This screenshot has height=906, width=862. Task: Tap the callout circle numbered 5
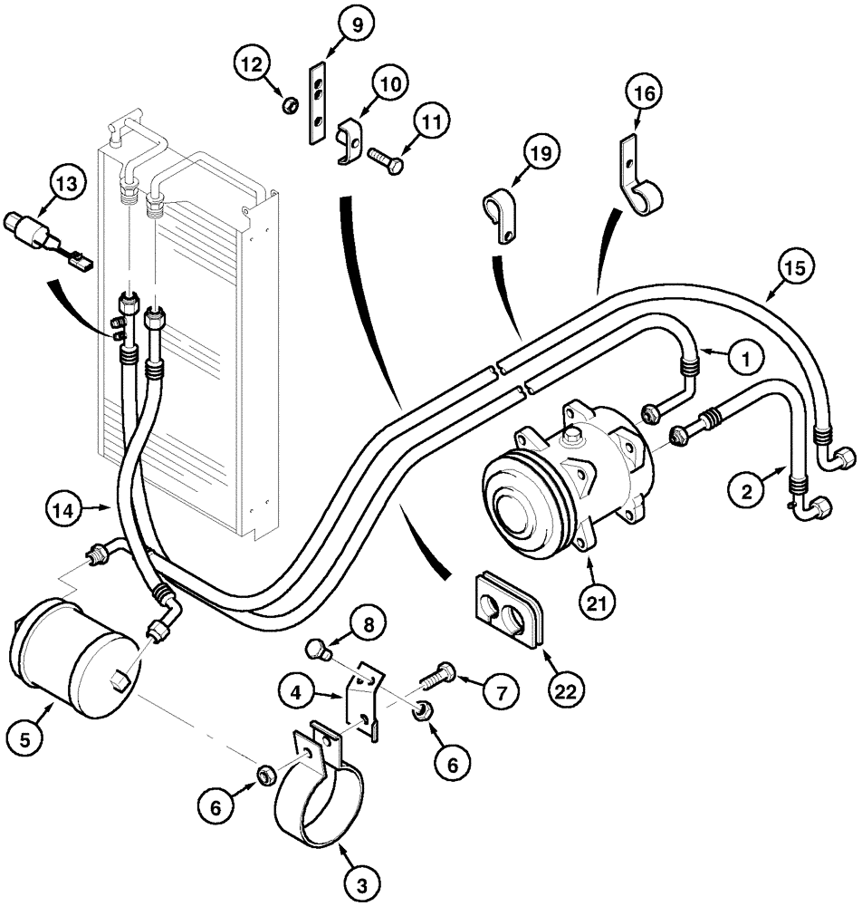click(26, 739)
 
